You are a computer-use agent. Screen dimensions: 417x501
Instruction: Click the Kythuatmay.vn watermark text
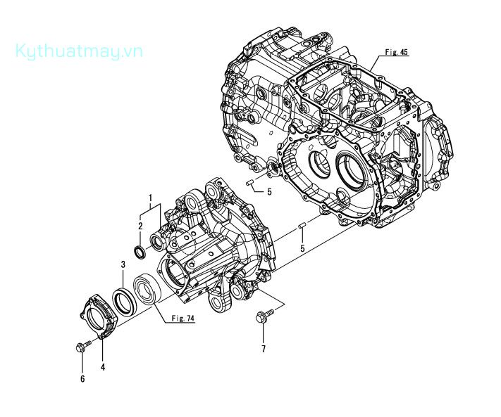click(78, 51)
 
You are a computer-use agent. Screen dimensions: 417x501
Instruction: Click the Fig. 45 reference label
click(396, 52)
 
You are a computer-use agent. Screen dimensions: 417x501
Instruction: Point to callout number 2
click(140, 226)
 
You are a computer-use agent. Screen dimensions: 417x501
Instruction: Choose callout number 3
click(123, 264)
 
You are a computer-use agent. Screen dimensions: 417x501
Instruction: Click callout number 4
click(103, 366)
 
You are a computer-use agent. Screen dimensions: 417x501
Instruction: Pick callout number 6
click(82, 379)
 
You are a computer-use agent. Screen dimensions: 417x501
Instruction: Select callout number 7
click(264, 349)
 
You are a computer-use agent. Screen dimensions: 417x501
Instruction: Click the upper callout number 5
click(268, 191)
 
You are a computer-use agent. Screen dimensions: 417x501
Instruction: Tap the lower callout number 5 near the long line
click(302, 249)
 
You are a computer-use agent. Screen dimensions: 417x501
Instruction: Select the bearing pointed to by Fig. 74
click(150, 288)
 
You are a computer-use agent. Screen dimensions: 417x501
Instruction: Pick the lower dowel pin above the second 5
click(302, 226)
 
